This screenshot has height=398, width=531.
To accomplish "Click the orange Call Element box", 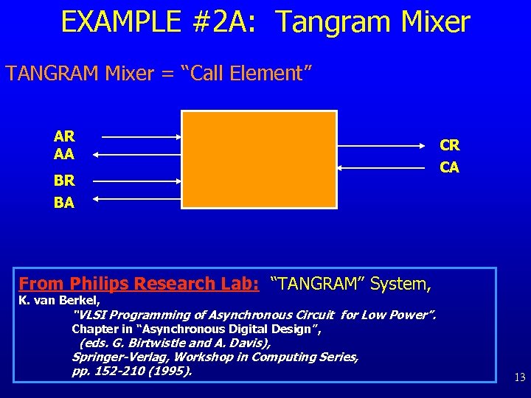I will [259, 159].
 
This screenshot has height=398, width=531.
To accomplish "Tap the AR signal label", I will [64, 136].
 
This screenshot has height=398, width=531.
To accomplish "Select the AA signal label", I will [64, 154].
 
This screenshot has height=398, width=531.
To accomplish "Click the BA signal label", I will [64, 202].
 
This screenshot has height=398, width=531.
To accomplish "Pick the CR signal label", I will [450, 145].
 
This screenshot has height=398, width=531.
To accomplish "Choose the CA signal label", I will [450, 167].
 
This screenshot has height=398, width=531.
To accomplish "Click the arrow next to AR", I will [140, 137].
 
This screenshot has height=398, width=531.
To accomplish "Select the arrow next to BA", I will [140, 198].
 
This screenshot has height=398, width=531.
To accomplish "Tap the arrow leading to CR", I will [383, 145].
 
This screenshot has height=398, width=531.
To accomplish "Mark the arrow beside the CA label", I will [383, 168].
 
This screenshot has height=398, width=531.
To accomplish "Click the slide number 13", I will [519, 377].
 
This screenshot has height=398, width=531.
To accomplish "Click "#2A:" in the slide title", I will [228, 22].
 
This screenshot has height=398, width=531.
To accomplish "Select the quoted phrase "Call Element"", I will [258, 73].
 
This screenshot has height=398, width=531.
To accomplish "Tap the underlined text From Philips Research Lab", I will [139, 283].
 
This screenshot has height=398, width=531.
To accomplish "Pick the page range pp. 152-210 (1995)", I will [132, 371].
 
